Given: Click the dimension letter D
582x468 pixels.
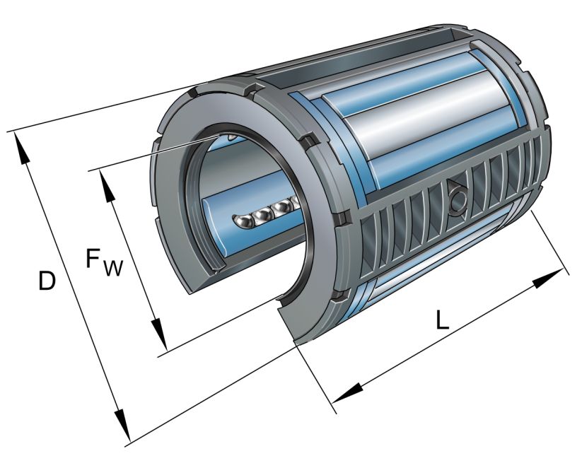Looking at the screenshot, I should [x=47, y=281].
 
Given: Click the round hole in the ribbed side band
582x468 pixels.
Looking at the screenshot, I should [x=455, y=197].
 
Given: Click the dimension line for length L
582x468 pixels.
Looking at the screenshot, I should [x=453, y=332].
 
